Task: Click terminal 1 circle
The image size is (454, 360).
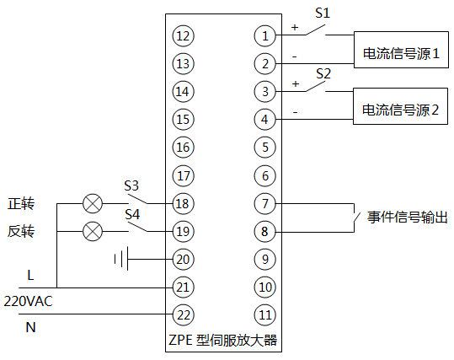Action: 265,35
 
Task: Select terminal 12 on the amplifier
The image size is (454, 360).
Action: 183,35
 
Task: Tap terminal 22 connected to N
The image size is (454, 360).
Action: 183,314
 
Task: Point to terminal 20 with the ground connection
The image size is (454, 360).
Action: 183,259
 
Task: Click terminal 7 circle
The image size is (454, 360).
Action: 265,203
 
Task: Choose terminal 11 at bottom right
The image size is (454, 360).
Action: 265,314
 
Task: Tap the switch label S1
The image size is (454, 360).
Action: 322,13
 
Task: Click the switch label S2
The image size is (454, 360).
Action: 322,73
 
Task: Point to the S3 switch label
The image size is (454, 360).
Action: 131,185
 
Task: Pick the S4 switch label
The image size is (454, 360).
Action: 131,214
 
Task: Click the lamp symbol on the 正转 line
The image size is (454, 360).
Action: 92,203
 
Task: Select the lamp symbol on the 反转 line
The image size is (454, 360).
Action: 92,231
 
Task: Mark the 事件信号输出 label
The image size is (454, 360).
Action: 401,218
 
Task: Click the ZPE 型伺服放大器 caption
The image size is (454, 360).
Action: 223,341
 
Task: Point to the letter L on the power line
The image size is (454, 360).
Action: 30,275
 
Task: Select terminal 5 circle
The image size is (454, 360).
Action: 265,148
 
